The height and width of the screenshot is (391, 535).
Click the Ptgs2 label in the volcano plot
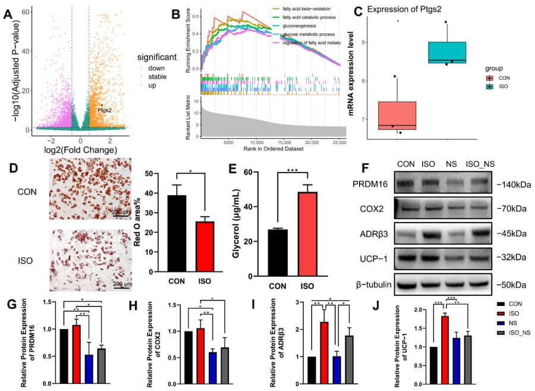coord(104,110)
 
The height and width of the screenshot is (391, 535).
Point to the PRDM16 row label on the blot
coord(373,185)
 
